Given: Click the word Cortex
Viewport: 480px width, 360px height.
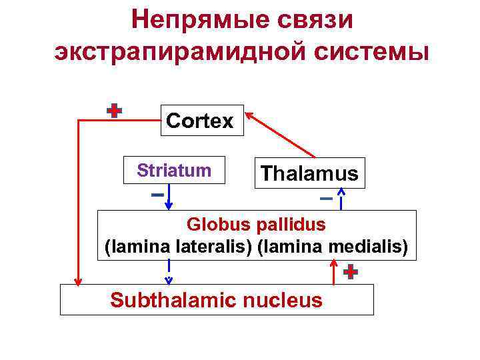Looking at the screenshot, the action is (200, 121).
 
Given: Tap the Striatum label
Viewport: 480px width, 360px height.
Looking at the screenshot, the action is (174, 171).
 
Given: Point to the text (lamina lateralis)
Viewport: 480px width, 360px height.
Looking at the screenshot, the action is (177, 247).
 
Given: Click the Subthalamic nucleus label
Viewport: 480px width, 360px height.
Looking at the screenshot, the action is (216, 300).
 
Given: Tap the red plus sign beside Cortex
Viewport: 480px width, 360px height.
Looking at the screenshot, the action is (115, 111).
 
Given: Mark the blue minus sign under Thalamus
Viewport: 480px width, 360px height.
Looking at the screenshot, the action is (326, 199).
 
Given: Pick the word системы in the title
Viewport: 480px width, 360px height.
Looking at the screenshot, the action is (369, 51).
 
